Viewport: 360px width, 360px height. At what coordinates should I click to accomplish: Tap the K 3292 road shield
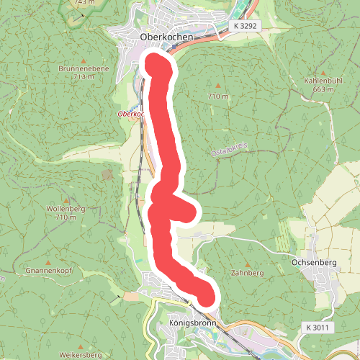245,25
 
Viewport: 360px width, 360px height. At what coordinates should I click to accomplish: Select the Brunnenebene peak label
84,69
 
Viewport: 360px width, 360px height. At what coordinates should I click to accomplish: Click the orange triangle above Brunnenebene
84,61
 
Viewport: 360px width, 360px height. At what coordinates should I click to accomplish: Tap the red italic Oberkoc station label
131,114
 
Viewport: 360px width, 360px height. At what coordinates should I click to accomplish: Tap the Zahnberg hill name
248,274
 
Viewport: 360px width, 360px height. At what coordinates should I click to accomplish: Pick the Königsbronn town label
186,323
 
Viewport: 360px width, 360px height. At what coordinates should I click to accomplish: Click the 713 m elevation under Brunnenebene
84,76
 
